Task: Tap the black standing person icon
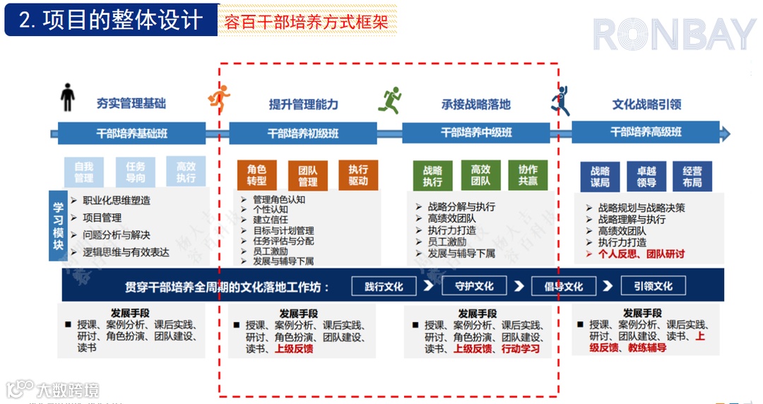tap(68, 97)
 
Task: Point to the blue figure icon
tap(560, 100)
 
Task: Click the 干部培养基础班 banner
tap(132, 133)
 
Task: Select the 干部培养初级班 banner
tap(303, 133)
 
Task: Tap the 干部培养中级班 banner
tap(475, 133)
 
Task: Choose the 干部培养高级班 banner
tap(646, 133)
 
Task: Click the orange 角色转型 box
tap(256, 176)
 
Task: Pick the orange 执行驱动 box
tap(358, 175)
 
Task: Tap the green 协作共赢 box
tap(528, 175)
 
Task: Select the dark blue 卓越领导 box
tap(646, 177)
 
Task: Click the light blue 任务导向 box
tap(135, 172)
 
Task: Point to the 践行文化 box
tap(384, 286)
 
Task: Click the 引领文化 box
tap(653, 286)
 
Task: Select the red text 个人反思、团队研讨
tap(641, 254)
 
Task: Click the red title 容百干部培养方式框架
tap(306, 21)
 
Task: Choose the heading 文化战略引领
tap(646, 105)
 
